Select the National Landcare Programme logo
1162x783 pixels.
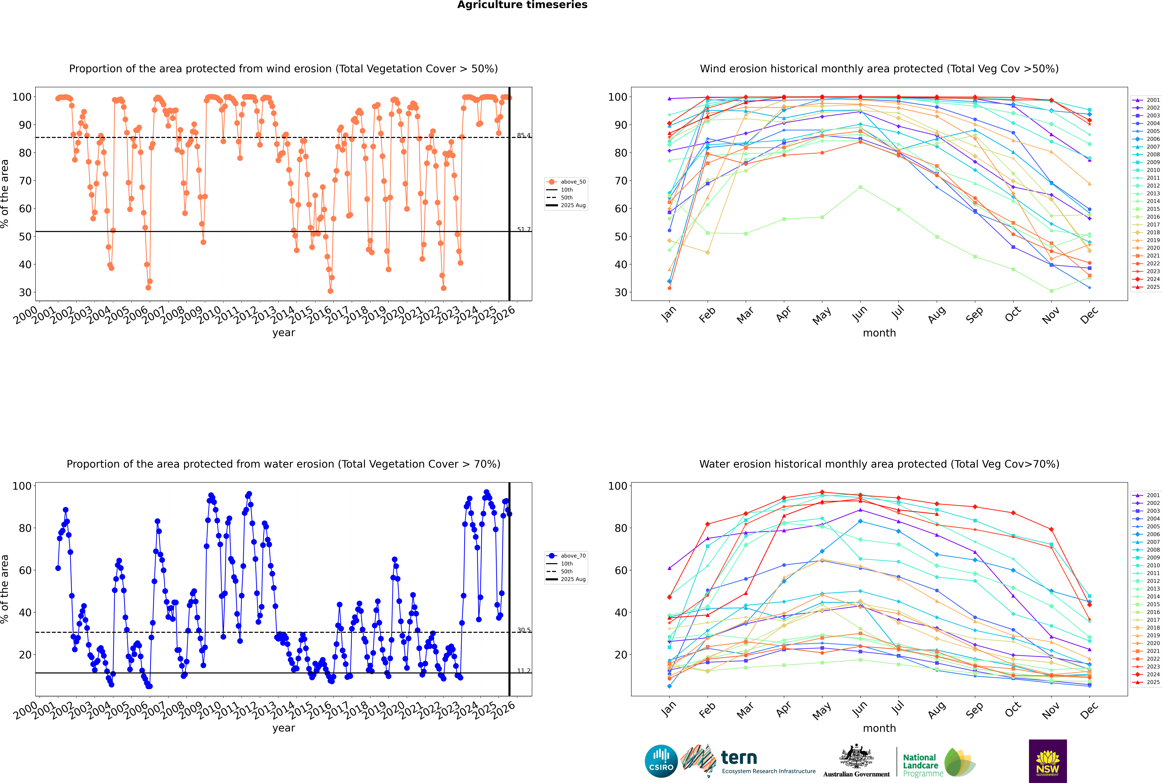click(938, 763)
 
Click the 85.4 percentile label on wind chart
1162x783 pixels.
click(524, 135)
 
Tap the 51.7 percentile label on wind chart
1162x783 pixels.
click(524, 230)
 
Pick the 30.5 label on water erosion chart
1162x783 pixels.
click(524, 630)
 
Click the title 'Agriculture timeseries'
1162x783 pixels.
click(522, 5)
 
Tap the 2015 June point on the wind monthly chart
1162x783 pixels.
click(860, 187)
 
